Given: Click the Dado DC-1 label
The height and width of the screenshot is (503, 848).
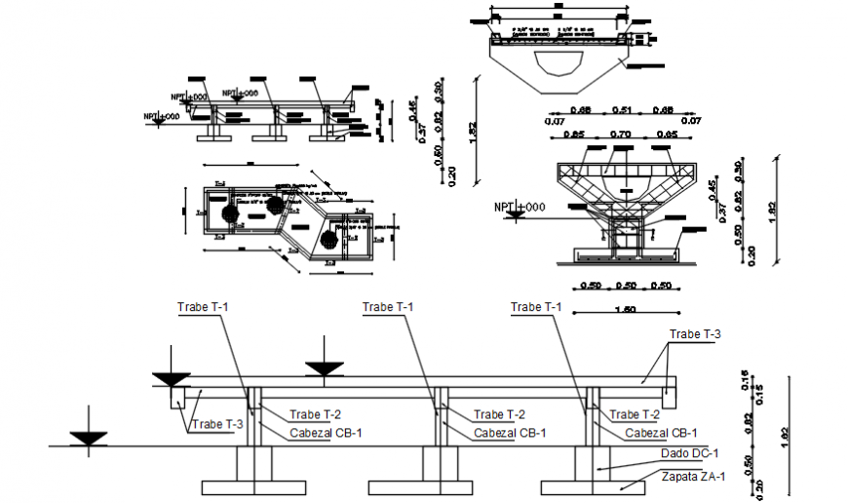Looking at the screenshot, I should pyautogui.click(x=689, y=453).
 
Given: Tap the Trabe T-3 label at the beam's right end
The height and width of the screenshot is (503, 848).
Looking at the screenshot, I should pyautogui.click(x=695, y=334).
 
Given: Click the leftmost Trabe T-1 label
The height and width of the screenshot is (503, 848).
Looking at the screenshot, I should pyautogui.click(x=204, y=307).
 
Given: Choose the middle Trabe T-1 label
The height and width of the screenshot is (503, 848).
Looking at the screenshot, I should pyautogui.click(x=388, y=307).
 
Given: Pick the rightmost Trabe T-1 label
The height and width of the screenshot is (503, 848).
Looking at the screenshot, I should pyautogui.click(x=537, y=307).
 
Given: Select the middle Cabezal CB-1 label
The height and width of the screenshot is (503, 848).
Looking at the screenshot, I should pyautogui.click(x=510, y=433).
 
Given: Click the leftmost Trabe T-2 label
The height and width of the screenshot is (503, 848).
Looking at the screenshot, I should pyautogui.click(x=316, y=414).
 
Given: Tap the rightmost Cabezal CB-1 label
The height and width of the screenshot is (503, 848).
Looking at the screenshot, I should pyautogui.click(x=661, y=433).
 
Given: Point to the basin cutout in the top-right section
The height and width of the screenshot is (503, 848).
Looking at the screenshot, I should pyautogui.click(x=559, y=62).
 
